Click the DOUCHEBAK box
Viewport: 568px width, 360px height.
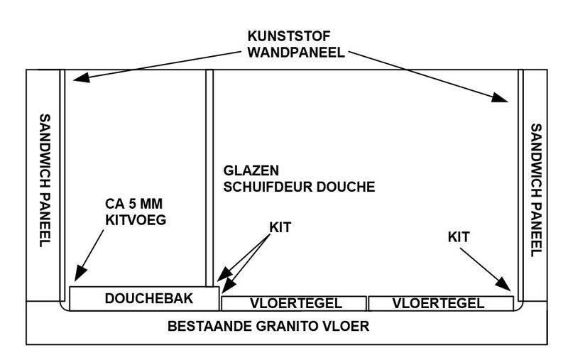click(144, 299)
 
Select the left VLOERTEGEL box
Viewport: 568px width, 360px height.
click(293, 303)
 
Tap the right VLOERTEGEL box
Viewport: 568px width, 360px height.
click(440, 303)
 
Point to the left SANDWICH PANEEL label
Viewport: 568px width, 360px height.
click(44, 179)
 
